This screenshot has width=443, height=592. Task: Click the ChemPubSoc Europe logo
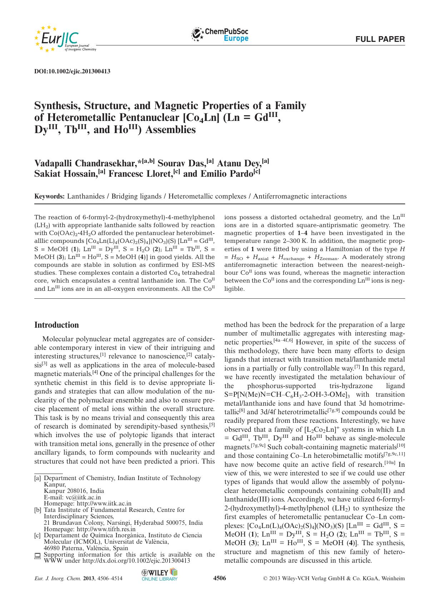220,35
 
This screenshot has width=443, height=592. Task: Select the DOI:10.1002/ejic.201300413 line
72,71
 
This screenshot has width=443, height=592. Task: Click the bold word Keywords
49,196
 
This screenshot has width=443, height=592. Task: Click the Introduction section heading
56,325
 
